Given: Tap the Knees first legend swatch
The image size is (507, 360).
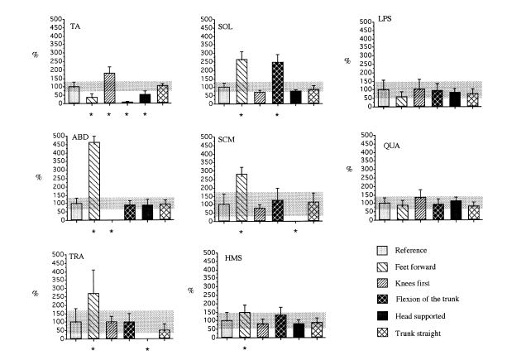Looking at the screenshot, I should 381,271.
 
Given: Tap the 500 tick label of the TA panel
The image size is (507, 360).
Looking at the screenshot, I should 54,17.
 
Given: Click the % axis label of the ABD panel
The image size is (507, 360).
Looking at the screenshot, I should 39,176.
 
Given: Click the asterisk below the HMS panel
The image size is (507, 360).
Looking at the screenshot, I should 245,348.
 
